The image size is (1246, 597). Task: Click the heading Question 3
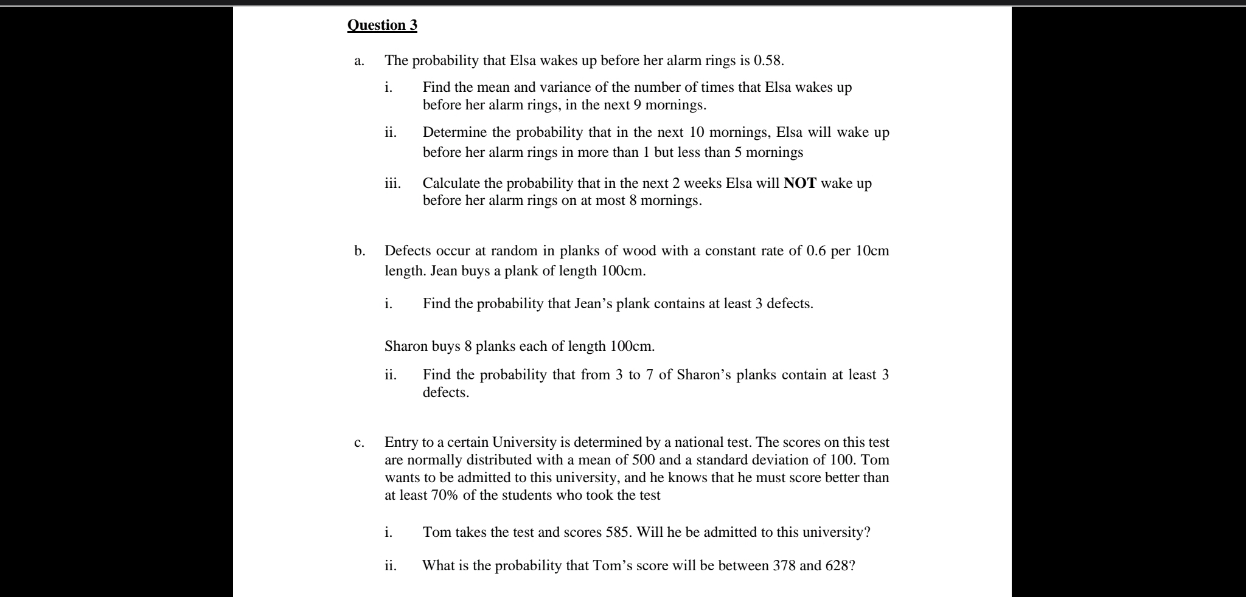tap(382, 26)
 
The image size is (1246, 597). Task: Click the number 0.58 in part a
tap(768, 61)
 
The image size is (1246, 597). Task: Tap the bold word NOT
tap(800, 184)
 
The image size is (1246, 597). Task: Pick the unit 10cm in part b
tap(872, 251)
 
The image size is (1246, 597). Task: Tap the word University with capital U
tap(524, 442)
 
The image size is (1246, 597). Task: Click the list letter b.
tap(360, 251)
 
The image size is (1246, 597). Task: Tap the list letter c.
tap(359, 442)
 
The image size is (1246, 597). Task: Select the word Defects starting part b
tap(409, 251)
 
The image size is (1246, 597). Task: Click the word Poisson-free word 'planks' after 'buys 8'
tap(495, 347)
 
